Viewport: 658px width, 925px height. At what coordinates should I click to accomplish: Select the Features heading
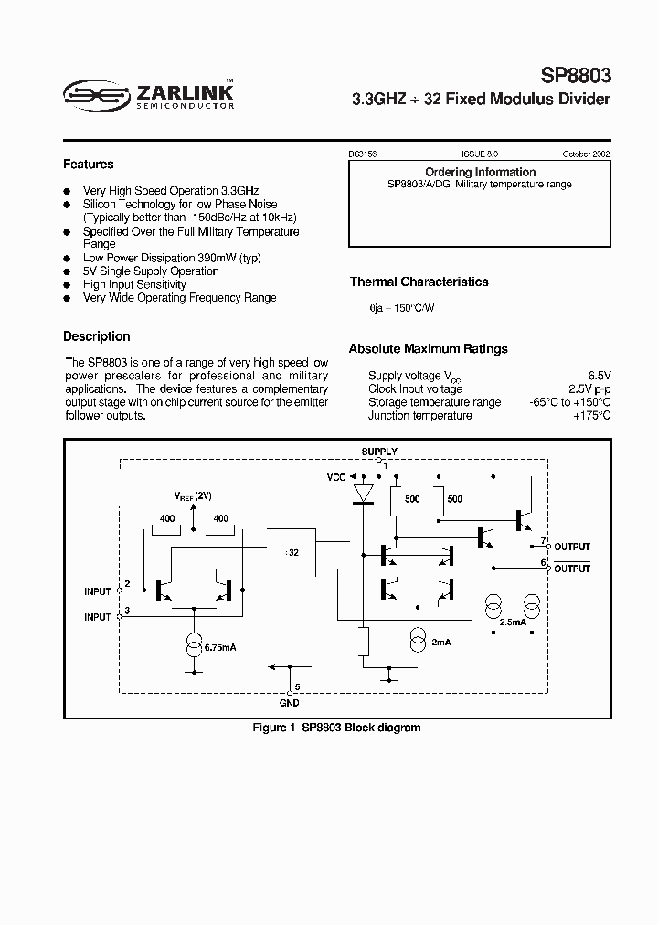pyautogui.click(x=89, y=165)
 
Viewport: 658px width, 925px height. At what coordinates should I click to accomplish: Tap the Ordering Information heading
pyautogui.click(x=481, y=172)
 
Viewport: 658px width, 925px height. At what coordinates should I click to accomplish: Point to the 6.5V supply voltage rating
pyautogui.click(x=599, y=376)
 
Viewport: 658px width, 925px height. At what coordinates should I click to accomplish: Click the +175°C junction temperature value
pyautogui.click(x=592, y=416)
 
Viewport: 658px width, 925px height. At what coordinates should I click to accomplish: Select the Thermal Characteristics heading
pyautogui.click(x=419, y=282)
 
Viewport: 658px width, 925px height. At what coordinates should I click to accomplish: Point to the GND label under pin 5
pyautogui.click(x=289, y=703)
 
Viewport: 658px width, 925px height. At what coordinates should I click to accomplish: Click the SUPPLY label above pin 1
pyautogui.click(x=379, y=452)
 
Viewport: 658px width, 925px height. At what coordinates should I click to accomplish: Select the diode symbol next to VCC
pyautogui.click(x=364, y=494)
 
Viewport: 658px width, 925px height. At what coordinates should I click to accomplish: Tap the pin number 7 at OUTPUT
pyautogui.click(x=543, y=540)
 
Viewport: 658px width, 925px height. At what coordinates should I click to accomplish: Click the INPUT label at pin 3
pyautogui.click(x=98, y=617)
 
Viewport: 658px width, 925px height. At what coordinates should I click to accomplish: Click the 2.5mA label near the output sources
pyautogui.click(x=514, y=622)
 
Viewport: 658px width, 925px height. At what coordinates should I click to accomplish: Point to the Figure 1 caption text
pyautogui.click(x=336, y=728)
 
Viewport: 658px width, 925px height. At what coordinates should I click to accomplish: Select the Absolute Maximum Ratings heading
pyautogui.click(x=429, y=348)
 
